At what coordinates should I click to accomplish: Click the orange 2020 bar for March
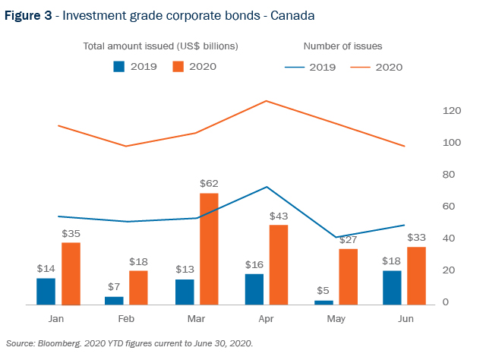tap(208, 248)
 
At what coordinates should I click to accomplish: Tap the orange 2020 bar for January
tap(71, 273)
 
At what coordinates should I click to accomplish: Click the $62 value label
tap(208, 184)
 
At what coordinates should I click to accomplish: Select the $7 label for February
tap(114, 286)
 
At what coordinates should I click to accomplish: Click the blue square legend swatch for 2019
tap(119, 66)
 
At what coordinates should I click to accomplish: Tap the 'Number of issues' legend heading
tap(342, 46)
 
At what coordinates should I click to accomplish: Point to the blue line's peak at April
tap(267, 187)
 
